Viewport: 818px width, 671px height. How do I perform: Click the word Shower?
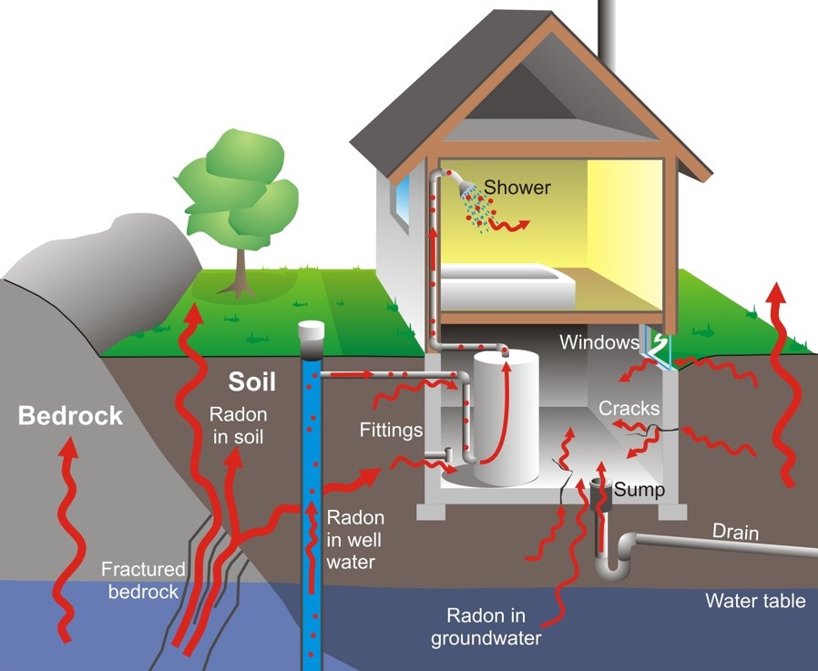[517, 188]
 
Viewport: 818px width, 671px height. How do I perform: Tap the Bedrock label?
[70, 416]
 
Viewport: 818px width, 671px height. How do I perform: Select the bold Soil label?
[251, 381]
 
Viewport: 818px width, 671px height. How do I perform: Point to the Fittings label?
[392, 430]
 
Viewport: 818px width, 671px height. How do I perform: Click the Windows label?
[599, 342]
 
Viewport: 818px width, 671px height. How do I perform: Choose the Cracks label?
[629, 408]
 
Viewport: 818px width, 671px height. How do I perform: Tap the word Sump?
[639, 490]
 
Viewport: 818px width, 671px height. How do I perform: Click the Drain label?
[736, 533]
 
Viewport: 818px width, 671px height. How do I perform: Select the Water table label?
[755, 601]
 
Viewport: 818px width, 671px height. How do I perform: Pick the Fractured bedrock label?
[143, 580]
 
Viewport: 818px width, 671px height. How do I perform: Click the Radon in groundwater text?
[486, 627]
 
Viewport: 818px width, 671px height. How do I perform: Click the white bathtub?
[507, 286]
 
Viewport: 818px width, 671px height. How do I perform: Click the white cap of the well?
[312, 330]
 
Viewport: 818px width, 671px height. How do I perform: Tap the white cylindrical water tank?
[506, 417]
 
